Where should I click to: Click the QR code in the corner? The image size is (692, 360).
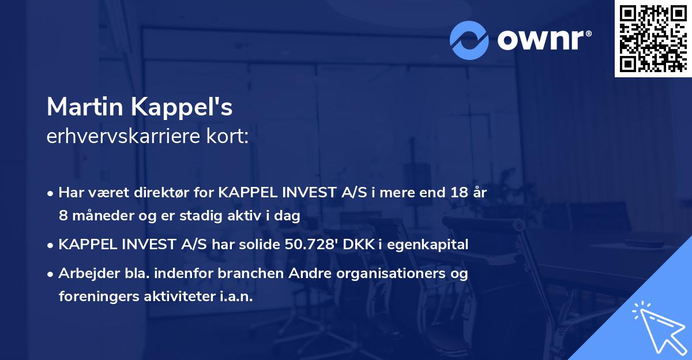point(653,38)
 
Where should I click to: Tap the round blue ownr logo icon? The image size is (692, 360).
point(469,40)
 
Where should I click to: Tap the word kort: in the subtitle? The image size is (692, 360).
point(229,137)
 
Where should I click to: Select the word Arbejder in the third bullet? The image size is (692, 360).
point(85,273)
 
